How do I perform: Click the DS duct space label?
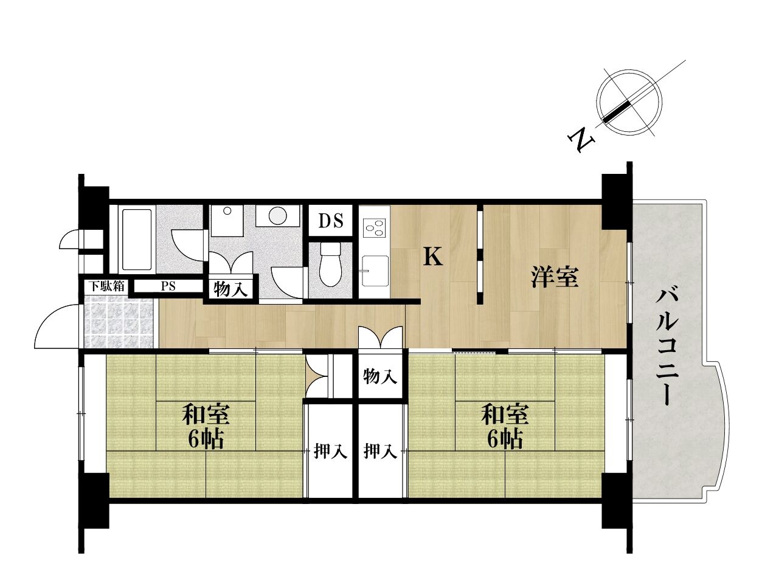click(x=330, y=221)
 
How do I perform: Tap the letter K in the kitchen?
click(x=433, y=257)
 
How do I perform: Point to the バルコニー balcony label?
click(x=667, y=348)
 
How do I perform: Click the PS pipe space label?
click(x=168, y=286)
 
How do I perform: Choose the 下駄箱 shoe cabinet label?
click(x=106, y=286)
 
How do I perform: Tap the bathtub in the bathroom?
click(x=136, y=239)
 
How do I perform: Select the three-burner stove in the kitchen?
click(x=374, y=228)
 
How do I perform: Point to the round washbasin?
click(x=278, y=216)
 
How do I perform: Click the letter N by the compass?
click(x=581, y=139)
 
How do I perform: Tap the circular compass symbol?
click(x=629, y=102)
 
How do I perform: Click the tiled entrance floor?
click(x=119, y=322)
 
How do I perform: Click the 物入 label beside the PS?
click(x=230, y=289)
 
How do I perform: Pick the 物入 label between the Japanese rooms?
click(x=380, y=376)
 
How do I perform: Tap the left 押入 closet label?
click(x=330, y=451)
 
